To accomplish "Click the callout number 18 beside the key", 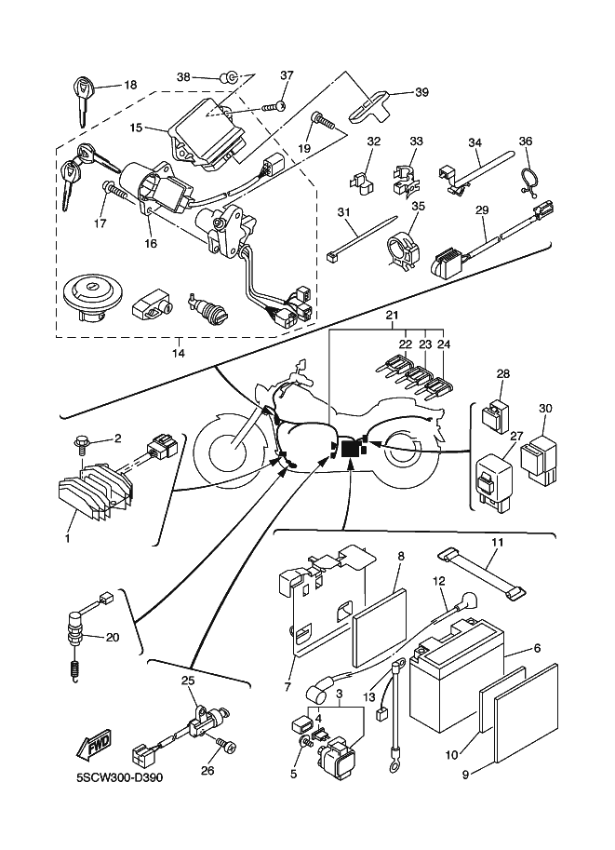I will [x=130, y=85].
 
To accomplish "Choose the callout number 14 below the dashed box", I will [x=179, y=354].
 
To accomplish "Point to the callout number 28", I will [x=503, y=373].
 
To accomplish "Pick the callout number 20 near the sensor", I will [x=113, y=638].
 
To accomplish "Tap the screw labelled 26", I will [x=226, y=741].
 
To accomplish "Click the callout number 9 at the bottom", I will [x=463, y=773].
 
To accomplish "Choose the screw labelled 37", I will [x=275, y=107].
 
